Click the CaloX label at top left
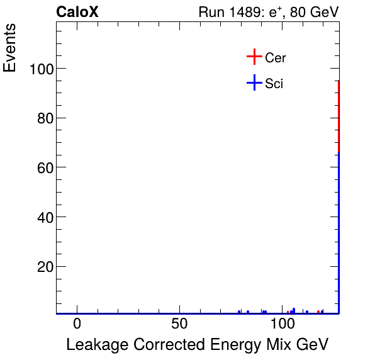77,12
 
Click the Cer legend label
276,58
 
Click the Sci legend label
274,83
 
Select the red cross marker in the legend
254,57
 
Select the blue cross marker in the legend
254,82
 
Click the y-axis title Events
10,48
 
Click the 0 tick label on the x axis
77,323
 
